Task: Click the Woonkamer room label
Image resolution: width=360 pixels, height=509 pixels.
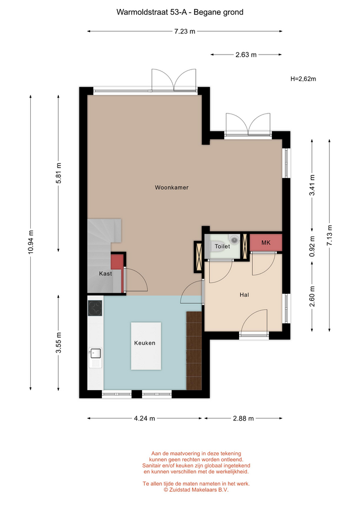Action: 171,187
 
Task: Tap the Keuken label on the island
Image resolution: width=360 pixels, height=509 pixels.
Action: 145,343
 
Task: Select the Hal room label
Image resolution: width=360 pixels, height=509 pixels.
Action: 244,295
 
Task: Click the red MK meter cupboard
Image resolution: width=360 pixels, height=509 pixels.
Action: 266,242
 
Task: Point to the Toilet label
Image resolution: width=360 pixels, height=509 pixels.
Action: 222,247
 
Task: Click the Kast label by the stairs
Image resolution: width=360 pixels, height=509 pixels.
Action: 106,274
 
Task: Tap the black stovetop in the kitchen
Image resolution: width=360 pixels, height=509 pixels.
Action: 95,309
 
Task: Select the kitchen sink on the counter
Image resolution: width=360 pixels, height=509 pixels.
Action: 96,353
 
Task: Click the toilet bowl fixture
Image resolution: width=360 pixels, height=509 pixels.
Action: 234,240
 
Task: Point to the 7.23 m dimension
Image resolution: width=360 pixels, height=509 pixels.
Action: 185,31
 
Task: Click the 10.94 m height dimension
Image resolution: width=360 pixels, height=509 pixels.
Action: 31,242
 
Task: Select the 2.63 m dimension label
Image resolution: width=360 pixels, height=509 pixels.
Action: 246,55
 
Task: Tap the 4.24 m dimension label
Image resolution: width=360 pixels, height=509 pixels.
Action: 144,418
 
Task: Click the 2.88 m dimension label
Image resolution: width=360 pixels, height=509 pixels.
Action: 243,418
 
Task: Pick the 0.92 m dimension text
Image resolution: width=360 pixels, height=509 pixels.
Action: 312,246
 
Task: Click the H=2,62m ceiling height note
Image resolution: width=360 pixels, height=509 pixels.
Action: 303,79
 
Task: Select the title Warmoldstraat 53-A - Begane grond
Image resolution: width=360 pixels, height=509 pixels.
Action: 180,12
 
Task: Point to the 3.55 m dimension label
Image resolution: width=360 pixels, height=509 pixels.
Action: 58,343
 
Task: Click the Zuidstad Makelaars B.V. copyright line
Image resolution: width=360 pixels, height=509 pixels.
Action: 196,490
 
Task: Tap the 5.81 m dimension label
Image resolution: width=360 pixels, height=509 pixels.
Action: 58,173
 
